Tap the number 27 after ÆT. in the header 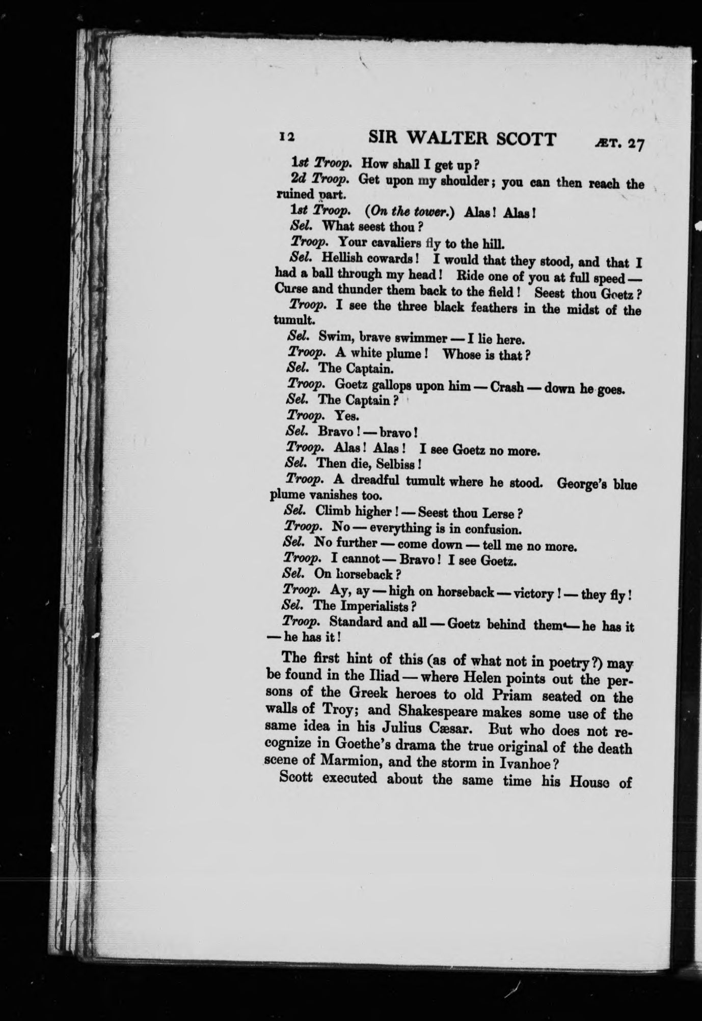tap(636, 144)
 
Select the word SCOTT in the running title tap(527, 139)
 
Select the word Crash tap(506, 388)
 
